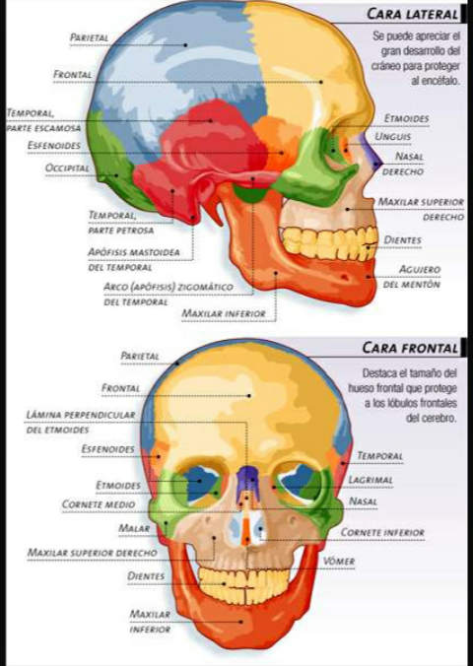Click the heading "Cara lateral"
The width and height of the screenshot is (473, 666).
point(413,14)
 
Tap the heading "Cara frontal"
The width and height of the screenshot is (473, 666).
point(410,348)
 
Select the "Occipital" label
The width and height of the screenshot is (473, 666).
point(67,167)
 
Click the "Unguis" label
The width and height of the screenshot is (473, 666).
point(392,136)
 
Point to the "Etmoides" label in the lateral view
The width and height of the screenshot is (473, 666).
point(406,118)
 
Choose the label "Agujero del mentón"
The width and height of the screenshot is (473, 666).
point(412,277)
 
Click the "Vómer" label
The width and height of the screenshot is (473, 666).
point(339,562)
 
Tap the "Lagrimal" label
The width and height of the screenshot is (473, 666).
point(371,480)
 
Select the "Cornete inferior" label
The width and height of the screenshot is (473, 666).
point(382,532)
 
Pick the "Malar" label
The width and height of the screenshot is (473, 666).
point(134,528)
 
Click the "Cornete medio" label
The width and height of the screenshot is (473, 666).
point(99,504)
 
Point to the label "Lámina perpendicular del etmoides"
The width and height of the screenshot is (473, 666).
point(81,422)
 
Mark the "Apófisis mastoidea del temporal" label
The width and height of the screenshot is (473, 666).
point(134,259)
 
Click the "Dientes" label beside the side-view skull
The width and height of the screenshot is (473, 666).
point(402,240)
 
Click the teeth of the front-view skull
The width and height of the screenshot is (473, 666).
point(243,584)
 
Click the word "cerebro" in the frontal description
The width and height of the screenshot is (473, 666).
point(431,418)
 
